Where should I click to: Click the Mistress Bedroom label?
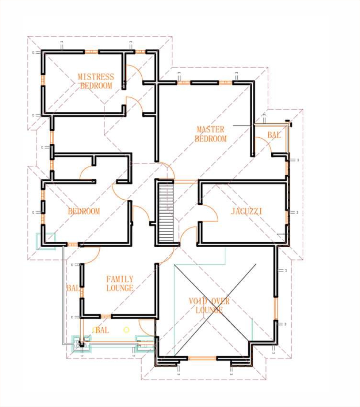pos(96,81)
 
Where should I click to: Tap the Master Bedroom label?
pos(211,134)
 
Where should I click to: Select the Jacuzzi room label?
pos(246,211)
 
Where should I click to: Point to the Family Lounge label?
pos(120,284)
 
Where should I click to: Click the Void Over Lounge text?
pos(209,306)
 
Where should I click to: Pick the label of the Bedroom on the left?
pos(84,211)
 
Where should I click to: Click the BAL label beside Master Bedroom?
pos(274,135)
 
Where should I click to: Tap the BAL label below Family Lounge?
pos(102,330)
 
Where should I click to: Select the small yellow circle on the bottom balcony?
pos(126,330)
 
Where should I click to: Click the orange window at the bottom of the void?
pos(202,358)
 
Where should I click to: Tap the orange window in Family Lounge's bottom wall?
pos(106,316)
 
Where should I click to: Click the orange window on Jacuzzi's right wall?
pos(287,217)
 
